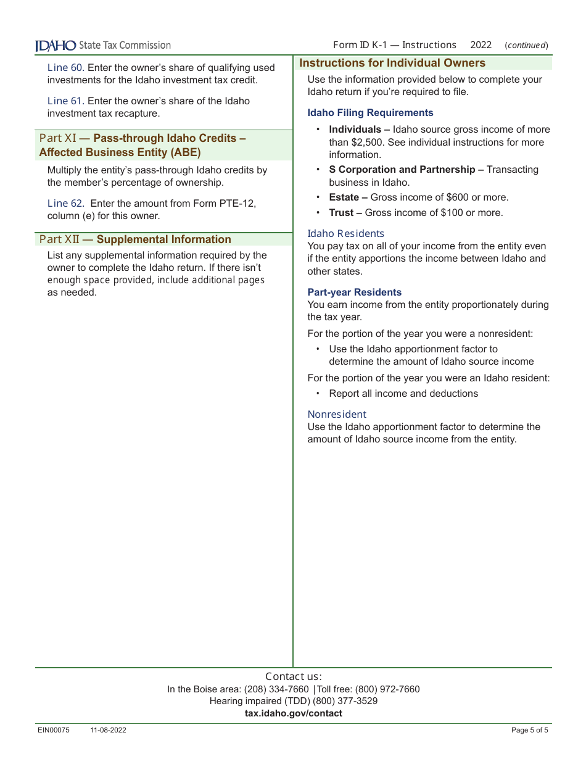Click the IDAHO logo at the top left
click(x=56, y=46)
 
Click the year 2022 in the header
click(x=481, y=45)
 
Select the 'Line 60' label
click(x=65, y=68)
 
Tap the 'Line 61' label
click(x=65, y=101)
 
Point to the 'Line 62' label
click(x=65, y=204)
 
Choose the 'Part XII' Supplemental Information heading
click(x=135, y=239)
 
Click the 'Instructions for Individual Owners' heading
click(x=392, y=63)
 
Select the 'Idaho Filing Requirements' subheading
click(x=370, y=113)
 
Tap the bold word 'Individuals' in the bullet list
click(x=355, y=130)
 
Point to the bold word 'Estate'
click(x=344, y=197)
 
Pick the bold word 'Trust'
click(x=342, y=213)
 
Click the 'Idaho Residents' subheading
click(x=345, y=233)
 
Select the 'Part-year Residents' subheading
click(x=354, y=292)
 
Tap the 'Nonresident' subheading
click(x=337, y=414)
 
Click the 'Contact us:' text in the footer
click(x=293, y=676)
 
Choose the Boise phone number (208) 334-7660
click(x=276, y=689)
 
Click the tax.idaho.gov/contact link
click(x=293, y=713)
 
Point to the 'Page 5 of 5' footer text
click(x=529, y=731)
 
